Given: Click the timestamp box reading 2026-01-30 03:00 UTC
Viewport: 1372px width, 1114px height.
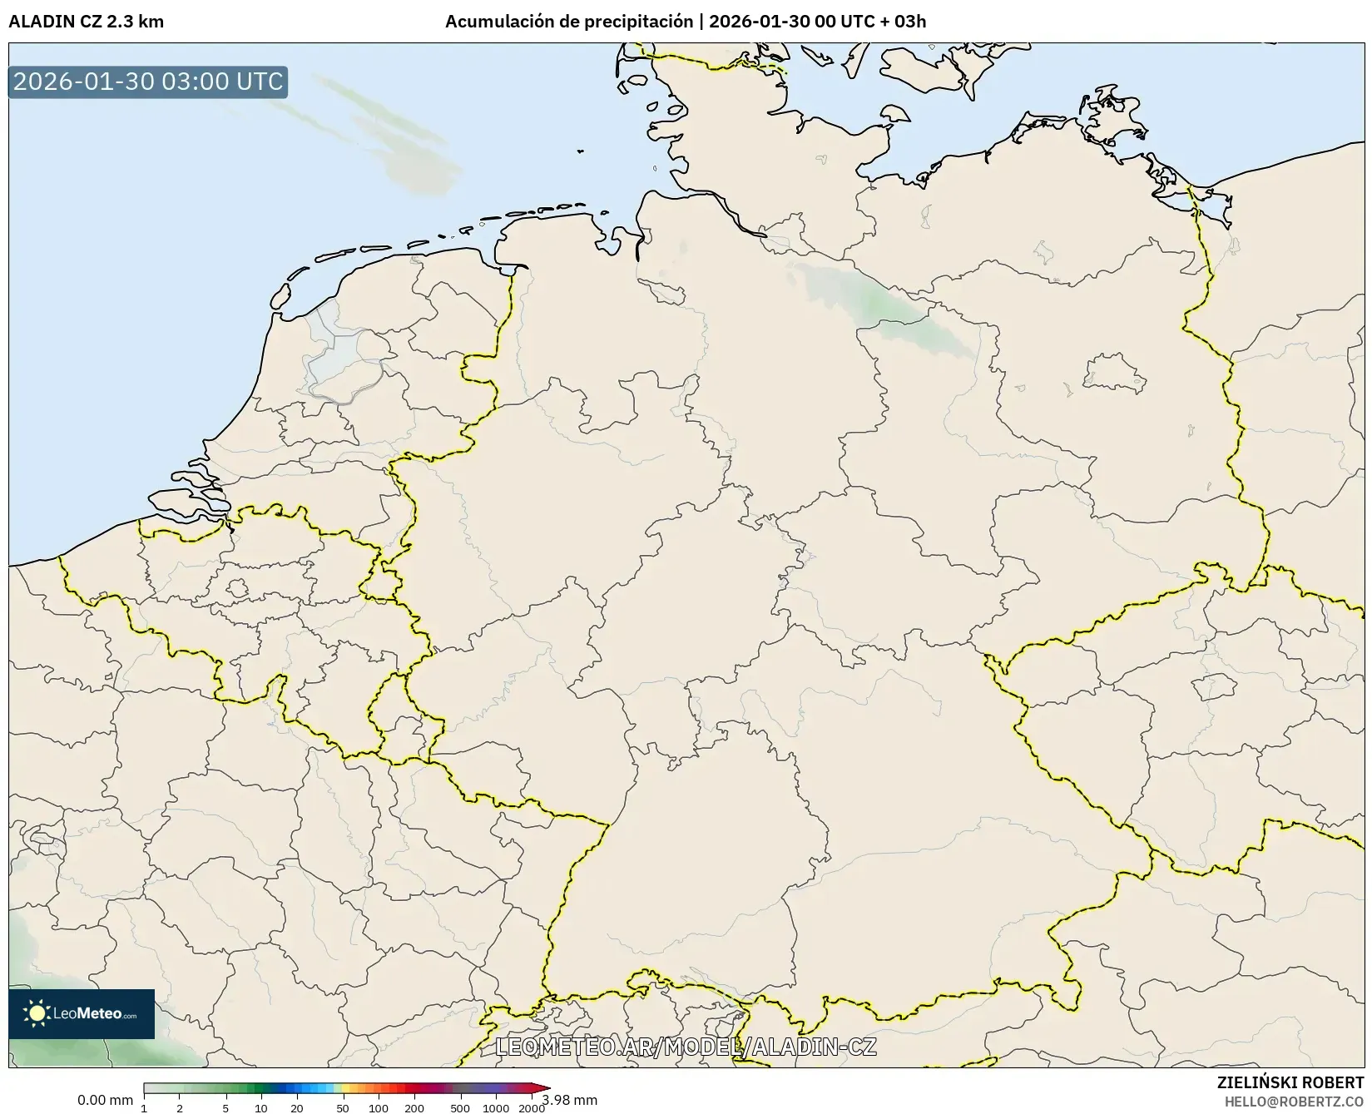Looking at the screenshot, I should (148, 82).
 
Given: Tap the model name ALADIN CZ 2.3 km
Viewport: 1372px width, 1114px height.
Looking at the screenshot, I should (86, 22).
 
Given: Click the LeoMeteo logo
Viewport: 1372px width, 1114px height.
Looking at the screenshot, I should (82, 1013).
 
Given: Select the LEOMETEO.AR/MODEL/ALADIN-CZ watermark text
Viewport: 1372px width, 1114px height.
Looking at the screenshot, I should (686, 1047).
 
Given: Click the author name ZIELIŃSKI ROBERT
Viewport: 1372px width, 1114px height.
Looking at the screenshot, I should (1290, 1083).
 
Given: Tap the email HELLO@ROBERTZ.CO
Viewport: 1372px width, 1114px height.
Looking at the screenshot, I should (1294, 1101).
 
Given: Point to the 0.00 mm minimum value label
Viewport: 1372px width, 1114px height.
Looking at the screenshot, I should (105, 1101).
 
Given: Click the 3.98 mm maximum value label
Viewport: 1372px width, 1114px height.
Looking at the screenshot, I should (570, 1101).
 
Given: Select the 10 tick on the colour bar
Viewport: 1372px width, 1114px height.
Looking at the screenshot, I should (260, 1107).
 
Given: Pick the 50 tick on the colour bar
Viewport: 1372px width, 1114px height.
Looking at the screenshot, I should (343, 1107).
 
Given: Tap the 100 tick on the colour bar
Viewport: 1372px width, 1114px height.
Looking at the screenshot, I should (379, 1107).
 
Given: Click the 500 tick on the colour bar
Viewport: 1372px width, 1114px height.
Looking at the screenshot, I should (460, 1107).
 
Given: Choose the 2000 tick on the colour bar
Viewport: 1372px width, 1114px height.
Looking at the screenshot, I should (532, 1107).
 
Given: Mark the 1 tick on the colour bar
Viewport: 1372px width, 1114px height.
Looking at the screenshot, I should (144, 1107).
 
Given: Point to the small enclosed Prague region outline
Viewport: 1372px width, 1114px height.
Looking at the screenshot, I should (1214, 687).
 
